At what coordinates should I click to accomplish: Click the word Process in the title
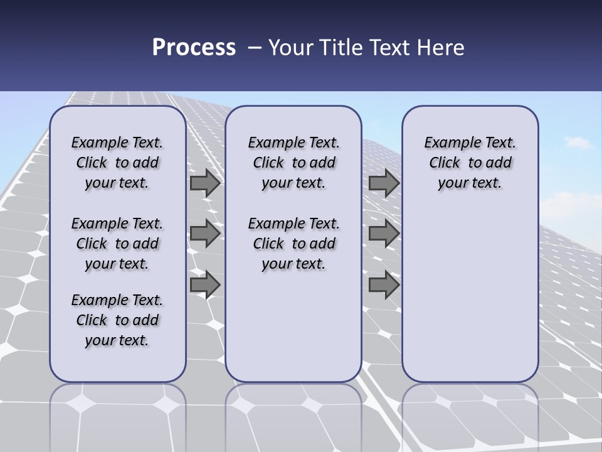coord(194,48)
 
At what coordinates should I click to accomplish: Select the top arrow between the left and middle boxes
coord(205,183)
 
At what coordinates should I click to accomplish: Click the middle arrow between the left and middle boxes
coord(205,234)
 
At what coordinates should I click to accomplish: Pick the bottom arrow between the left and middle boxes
coord(205,284)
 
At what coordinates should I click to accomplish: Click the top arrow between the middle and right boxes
coord(384,183)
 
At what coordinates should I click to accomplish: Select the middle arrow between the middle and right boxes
coord(384,234)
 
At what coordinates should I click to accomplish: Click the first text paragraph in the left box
coord(117,163)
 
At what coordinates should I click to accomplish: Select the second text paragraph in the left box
coord(117,244)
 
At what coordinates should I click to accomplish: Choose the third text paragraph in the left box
coord(117,320)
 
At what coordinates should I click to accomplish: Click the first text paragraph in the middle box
coord(293,163)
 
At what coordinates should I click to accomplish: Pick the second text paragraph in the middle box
coord(293,244)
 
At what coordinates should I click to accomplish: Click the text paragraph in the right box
coord(470,163)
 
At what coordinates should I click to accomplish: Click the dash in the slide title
coord(255,48)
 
